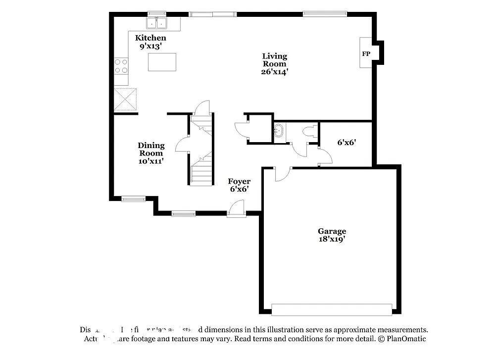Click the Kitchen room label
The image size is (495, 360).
(x=151, y=38)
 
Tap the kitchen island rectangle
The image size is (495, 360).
(x=162, y=62)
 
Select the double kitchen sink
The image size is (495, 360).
(x=156, y=23)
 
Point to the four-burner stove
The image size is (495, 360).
(x=121, y=66)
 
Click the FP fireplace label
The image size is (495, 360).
(x=366, y=53)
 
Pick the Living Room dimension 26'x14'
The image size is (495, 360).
(x=274, y=72)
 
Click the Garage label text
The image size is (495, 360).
(x=332, y=231)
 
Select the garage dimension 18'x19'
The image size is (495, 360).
(x=332, y=239)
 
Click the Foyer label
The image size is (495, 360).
(x=239, y=181)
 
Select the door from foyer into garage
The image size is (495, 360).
(x=282, y=173)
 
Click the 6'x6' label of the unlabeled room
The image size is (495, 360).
(x=347, y=143)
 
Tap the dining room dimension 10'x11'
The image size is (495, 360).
(x=151, y=161)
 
